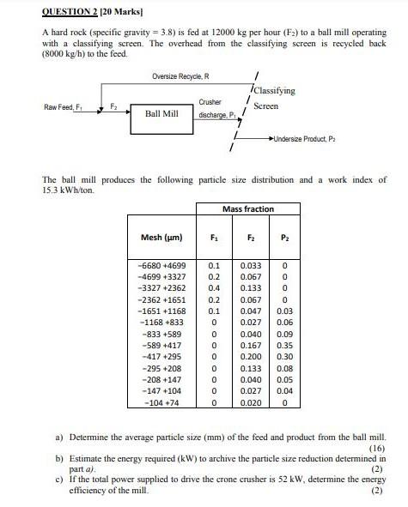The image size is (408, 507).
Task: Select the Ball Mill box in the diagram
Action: (x=161, y=113)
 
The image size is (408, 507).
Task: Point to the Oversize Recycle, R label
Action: (x=180, y=76)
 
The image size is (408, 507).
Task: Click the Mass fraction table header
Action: (x=247, y=208)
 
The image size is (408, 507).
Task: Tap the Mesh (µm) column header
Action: (x=161, y=237)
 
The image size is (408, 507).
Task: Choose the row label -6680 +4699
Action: (x=162, y=267)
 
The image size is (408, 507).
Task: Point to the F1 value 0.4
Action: (x=214, y=289)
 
